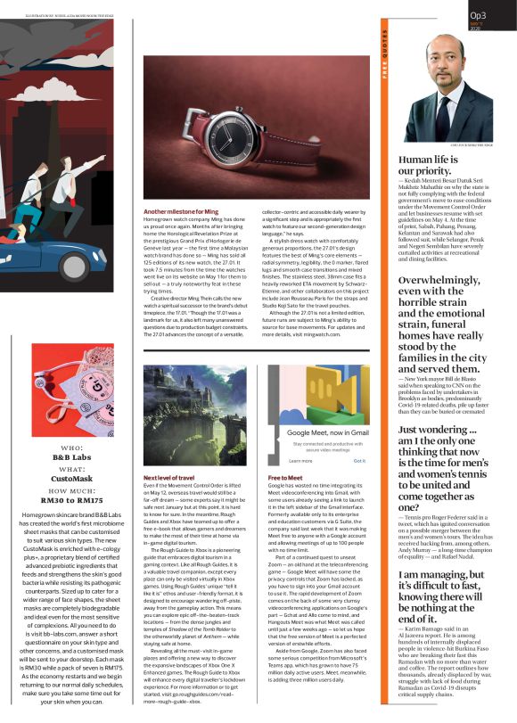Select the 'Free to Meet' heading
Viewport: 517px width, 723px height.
(x=286, y=479)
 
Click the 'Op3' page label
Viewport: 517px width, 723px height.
(x=478, y=15)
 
